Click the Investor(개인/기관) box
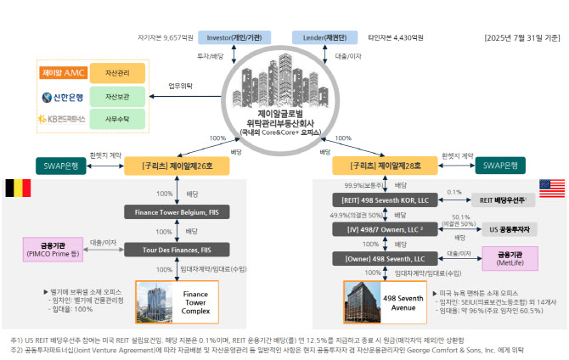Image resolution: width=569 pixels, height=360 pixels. tap(234, 37)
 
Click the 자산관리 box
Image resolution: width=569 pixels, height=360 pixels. tap(116, 73)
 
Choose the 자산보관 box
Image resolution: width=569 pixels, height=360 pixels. tap(116, 97)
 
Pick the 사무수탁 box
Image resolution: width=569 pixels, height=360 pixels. tap(116, 121)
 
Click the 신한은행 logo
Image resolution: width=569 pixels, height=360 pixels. tap(59, 97)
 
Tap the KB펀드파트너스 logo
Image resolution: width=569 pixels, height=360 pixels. tap(59, 121)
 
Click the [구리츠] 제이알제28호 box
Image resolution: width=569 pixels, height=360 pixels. tap(382, 166)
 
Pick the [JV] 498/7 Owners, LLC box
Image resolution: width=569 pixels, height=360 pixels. tap(383, 229)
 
